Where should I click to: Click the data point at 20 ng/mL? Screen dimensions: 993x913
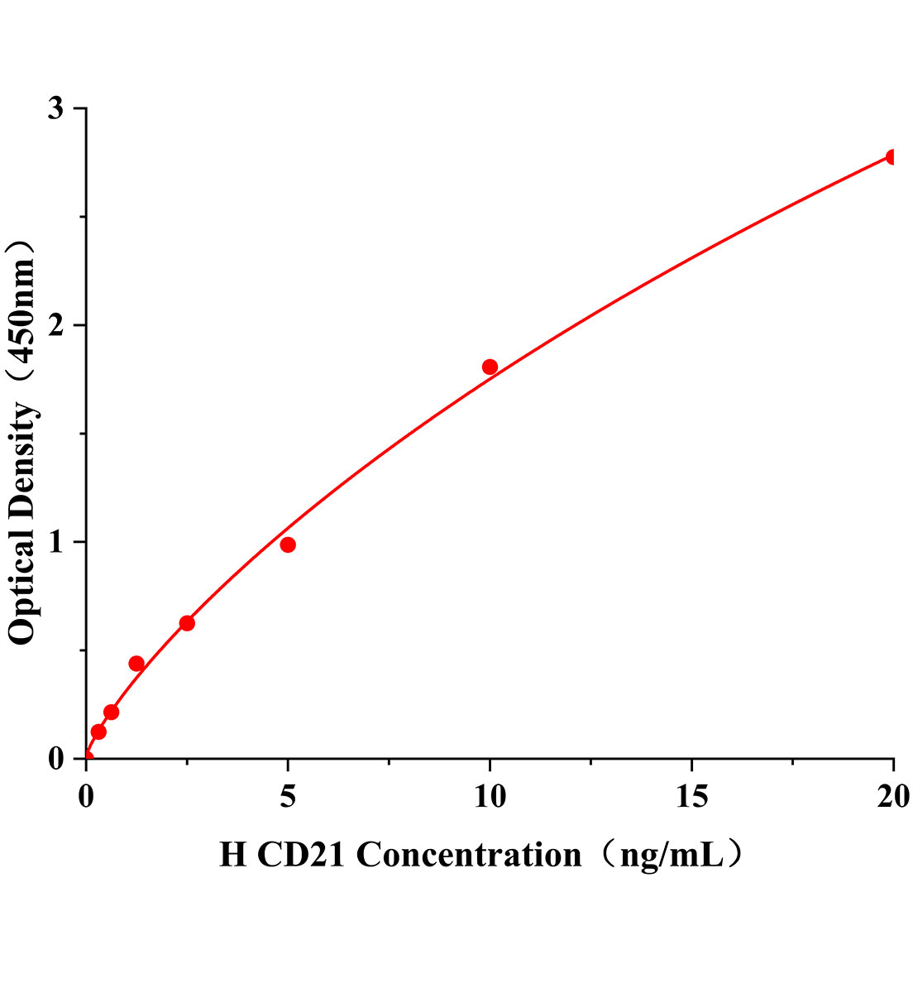pyautogui.click(x=892, y=157)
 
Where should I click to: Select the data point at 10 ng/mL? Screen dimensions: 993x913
pyautogui.click(x=490, y=367)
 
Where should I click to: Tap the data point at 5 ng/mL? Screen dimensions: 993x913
pyautogui.click(x=288, y=544)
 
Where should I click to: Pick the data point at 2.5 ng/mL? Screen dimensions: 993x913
pyautogui.click(x=187, y=623)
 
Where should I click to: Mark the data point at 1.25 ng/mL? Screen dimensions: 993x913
pyautogui.click(x=136, y=664)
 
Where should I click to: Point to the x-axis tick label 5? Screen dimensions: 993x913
pyautogui.click(x=288, y=796)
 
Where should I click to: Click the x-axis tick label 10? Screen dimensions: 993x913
pyautogui.click(x=490, y=796)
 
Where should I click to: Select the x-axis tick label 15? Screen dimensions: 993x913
pyautogui.click(x=691, y=796)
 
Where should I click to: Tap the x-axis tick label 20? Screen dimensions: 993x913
pyautogui.click(x=893, y=796)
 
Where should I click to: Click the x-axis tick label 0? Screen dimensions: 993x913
pyautogui.click(x=86, y=796)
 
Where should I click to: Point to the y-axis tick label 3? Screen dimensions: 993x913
pyautogui.click(x=56, y=109)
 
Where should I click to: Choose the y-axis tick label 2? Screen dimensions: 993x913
pyautogui.click(x=56, y=326)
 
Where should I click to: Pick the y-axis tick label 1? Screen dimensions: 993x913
pyautogui.click(x=56, y=543)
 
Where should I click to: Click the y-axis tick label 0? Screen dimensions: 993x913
pyautogui.click(x=56, y=759)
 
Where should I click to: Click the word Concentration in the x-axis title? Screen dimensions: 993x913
pyautogui.click(x=469, y=855)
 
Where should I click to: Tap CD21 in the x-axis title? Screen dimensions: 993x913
pyautogui.click(x=301, y=855)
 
